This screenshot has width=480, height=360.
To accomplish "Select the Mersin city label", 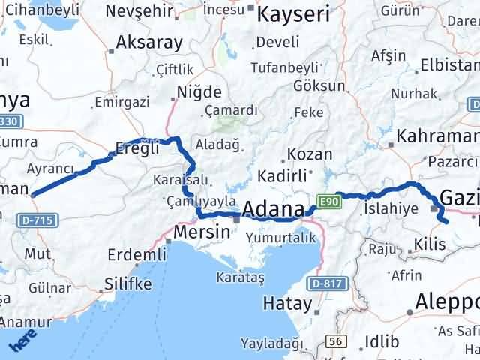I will [x=201, y=232].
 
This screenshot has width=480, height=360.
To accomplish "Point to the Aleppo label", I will [x=448, y=301].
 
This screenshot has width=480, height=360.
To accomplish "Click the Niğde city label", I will [x=199, y=92].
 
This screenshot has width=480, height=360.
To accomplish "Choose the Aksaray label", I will [x=150, y=42].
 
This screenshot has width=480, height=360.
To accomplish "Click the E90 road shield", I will [x=328, y=200].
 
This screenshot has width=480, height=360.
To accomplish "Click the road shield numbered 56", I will [x=337, y=341].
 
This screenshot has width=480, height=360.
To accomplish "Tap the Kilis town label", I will [x=428, y=244].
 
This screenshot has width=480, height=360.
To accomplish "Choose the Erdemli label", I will [x=136, y=255].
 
